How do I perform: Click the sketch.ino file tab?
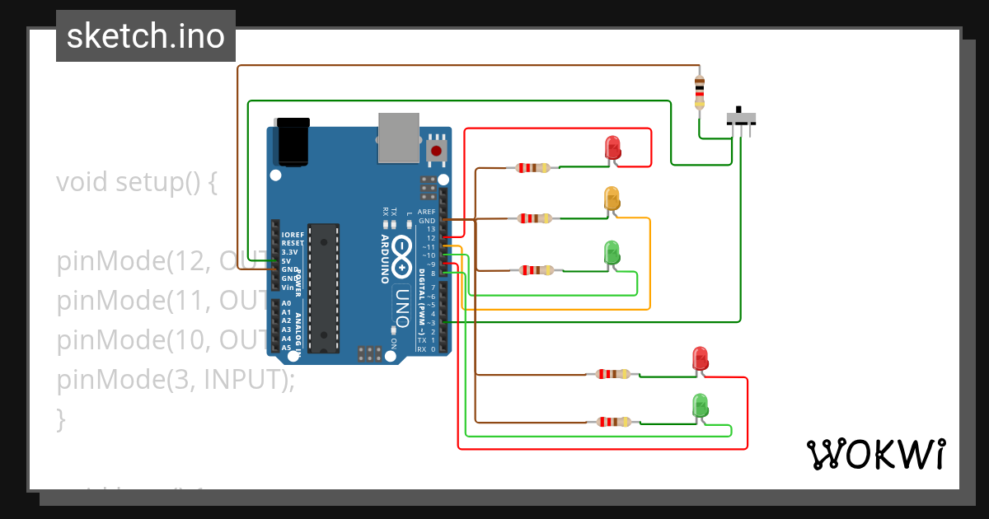[146, 36]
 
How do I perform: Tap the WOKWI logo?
[875, 454]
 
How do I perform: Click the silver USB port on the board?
[398, 138]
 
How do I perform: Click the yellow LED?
[612, 199]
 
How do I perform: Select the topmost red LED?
[612, 148]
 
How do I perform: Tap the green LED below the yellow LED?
[612, 252]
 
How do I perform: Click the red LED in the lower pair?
[700, 359]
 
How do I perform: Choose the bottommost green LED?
[700, 405]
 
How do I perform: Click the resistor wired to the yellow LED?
[535, 218]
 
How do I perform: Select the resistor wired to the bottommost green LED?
[613, 422]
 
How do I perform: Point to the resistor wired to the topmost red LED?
[533, 168]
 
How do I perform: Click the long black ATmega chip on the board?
[323, 288]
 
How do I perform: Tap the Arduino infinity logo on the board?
[401, 256]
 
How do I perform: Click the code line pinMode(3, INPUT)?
[175, 380]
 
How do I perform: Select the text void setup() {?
[137, 182]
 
